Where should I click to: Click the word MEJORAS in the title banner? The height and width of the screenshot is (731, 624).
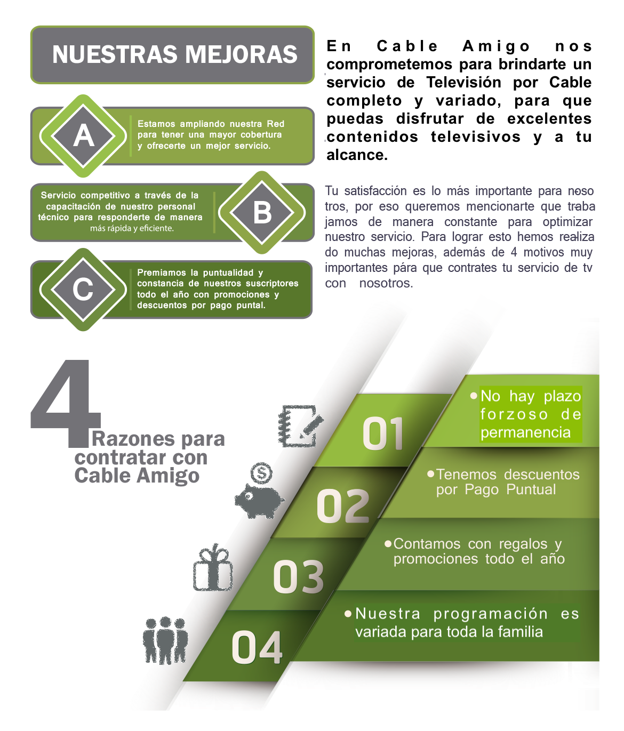pos(241,55)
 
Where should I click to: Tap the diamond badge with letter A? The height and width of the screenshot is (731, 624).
pos(83,136)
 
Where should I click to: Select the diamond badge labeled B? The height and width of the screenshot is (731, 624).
pos(262,213)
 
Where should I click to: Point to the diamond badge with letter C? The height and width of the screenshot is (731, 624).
pos(83,290)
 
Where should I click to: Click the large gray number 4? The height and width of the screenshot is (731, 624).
pos(66,403)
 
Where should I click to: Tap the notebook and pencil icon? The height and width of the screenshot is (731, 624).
pos(300,426)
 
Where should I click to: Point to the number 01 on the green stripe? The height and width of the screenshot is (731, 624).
pos(383,433)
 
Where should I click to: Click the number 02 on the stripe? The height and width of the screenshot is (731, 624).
pos(343,506)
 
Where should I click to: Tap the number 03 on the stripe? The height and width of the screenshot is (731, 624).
pos(299,577)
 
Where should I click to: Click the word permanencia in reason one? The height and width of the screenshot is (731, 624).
pos(526,432)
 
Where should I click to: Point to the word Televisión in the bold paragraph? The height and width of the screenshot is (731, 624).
pos(464,83)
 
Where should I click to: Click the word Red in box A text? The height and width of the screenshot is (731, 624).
pos(276,124)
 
